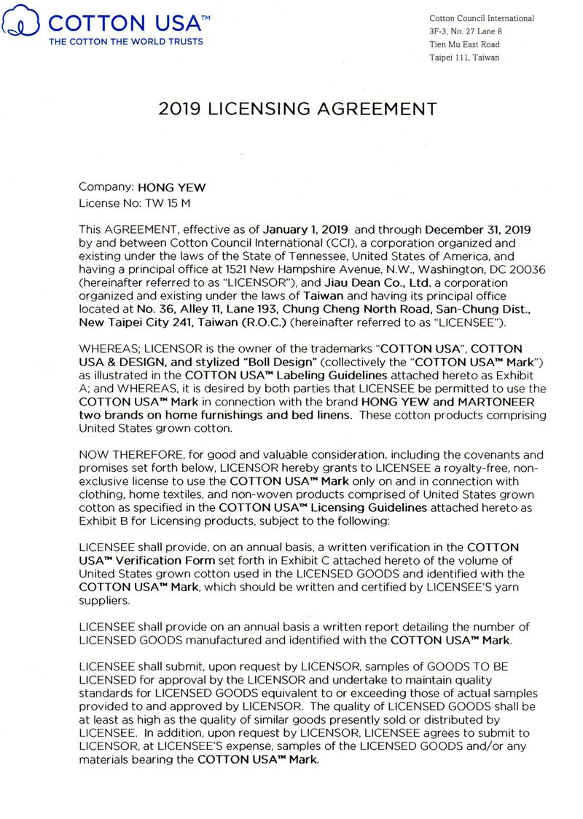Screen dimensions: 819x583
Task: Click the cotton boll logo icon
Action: pyautogui.click(x=22, y=21)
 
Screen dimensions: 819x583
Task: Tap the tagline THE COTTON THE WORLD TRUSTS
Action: pyautogui.click(x=125, y=41)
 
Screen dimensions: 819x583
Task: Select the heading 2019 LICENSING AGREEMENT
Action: pyautogui.click(x=297, y=110)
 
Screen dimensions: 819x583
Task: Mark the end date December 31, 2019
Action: pyautogui.click(x=478, y=229)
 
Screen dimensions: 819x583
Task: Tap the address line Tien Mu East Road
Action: pyautogui.click(x=464, y=44)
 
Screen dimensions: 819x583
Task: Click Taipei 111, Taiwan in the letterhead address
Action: pyautogui.click(x=464, y=58)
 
